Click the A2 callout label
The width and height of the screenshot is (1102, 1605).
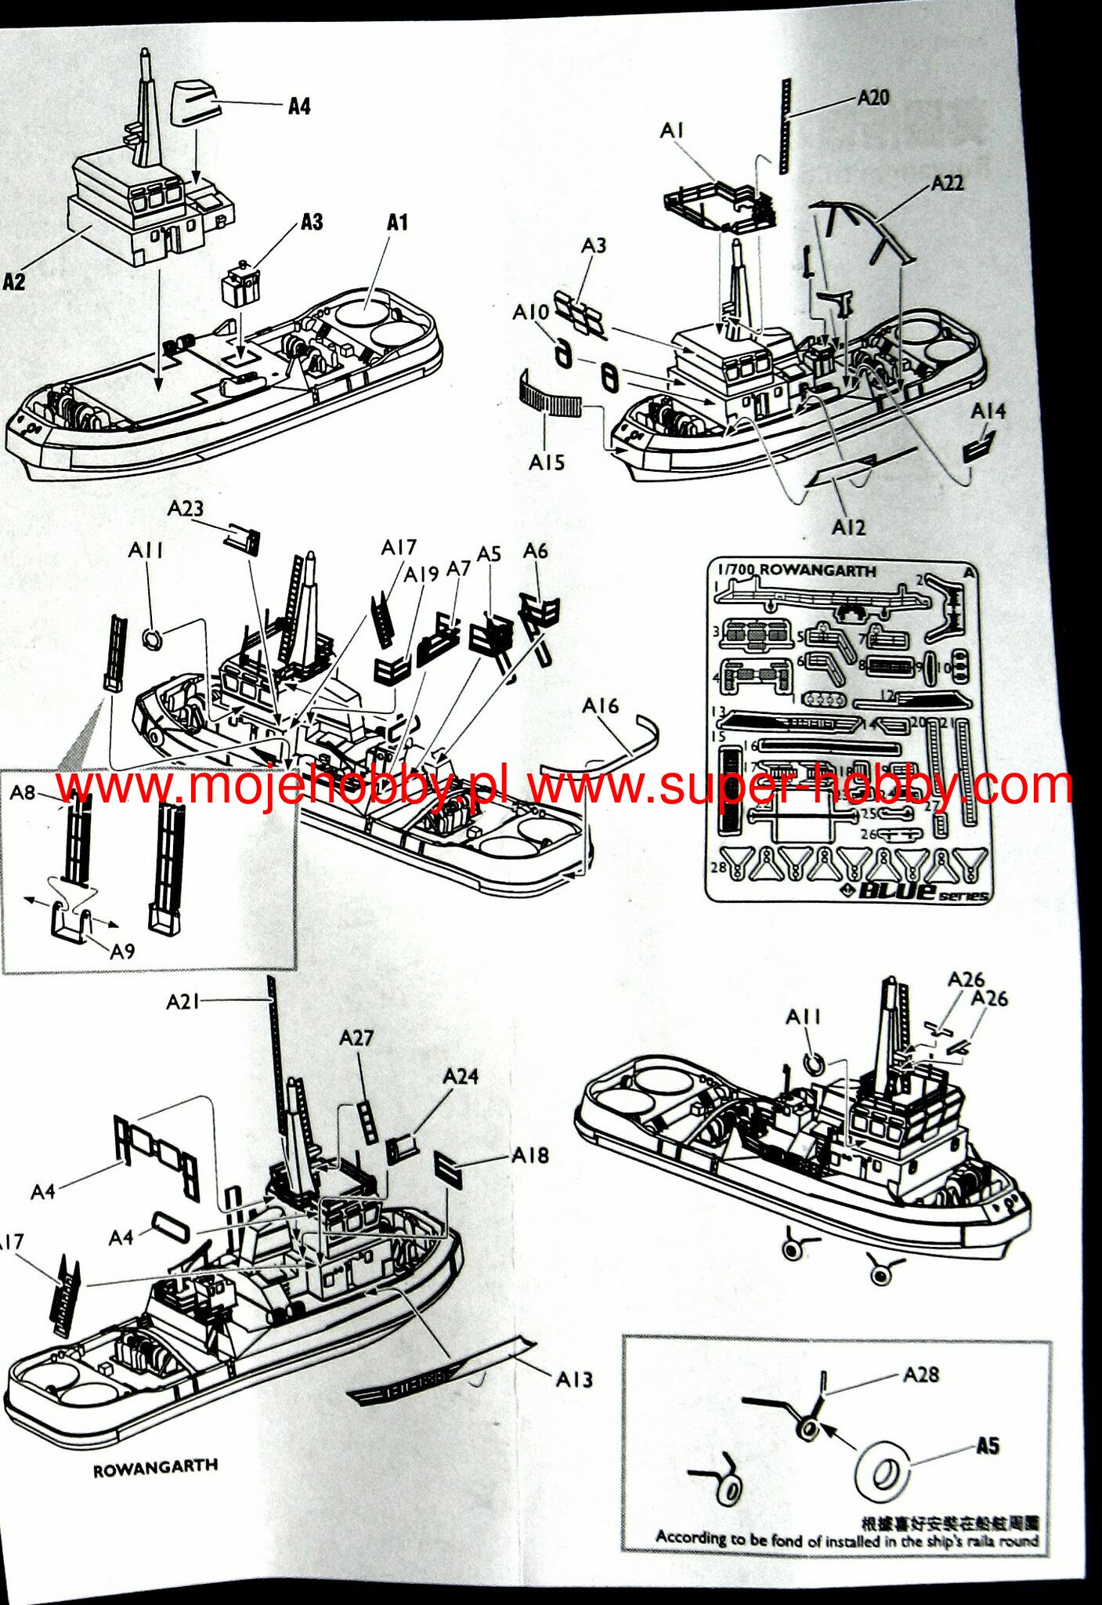coord(15,281)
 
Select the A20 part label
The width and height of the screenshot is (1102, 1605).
coord(873,97)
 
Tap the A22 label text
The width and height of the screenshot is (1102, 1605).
coord(947,183)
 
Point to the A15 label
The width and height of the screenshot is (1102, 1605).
coord(547,462)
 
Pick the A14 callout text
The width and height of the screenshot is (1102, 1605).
coord(988,411)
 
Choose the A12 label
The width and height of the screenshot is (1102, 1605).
coord(848,527)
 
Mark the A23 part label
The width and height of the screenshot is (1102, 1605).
coord(185,509)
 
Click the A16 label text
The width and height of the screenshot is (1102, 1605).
coord(600,706)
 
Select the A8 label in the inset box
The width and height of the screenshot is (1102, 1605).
coord(23,792)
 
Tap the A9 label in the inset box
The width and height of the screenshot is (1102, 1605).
coord(122,951)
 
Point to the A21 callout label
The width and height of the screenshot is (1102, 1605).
coord(182,1001)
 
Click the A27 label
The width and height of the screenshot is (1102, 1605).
coord(356,1038)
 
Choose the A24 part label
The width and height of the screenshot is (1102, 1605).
coord(461,1076)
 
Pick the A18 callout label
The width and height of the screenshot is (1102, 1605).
coord(530,1155)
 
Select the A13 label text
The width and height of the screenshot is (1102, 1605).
coord(574,1379)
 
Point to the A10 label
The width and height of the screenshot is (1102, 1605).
coord(531,312)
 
